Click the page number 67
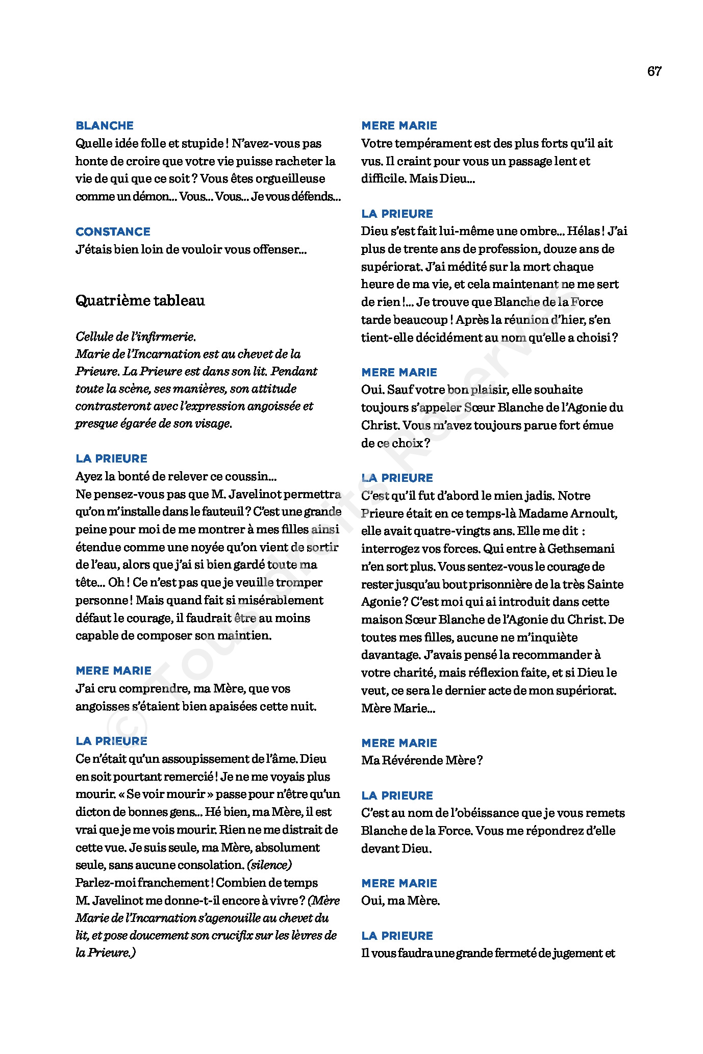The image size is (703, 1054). [x=654, y=71]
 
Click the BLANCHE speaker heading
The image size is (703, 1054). [x=105, y=125]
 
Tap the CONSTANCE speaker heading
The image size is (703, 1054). [x=113, y=232]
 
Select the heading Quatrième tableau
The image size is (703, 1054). [x=140, y=301]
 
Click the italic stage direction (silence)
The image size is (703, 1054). [x=269, y=865]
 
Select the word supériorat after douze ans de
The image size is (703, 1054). [x=392, y=267]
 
